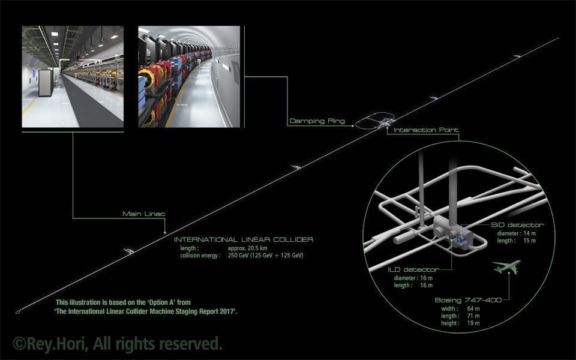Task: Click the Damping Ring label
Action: coord(317,121)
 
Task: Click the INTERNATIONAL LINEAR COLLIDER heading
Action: coord(242,239)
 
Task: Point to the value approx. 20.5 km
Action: coord(248,248)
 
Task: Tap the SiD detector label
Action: coord(517,224)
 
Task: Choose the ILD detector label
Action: coord(413,270)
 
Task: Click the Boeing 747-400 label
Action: coord(464,300)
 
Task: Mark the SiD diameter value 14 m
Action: coord(529,233)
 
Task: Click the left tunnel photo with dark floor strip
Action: coord(73,76)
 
